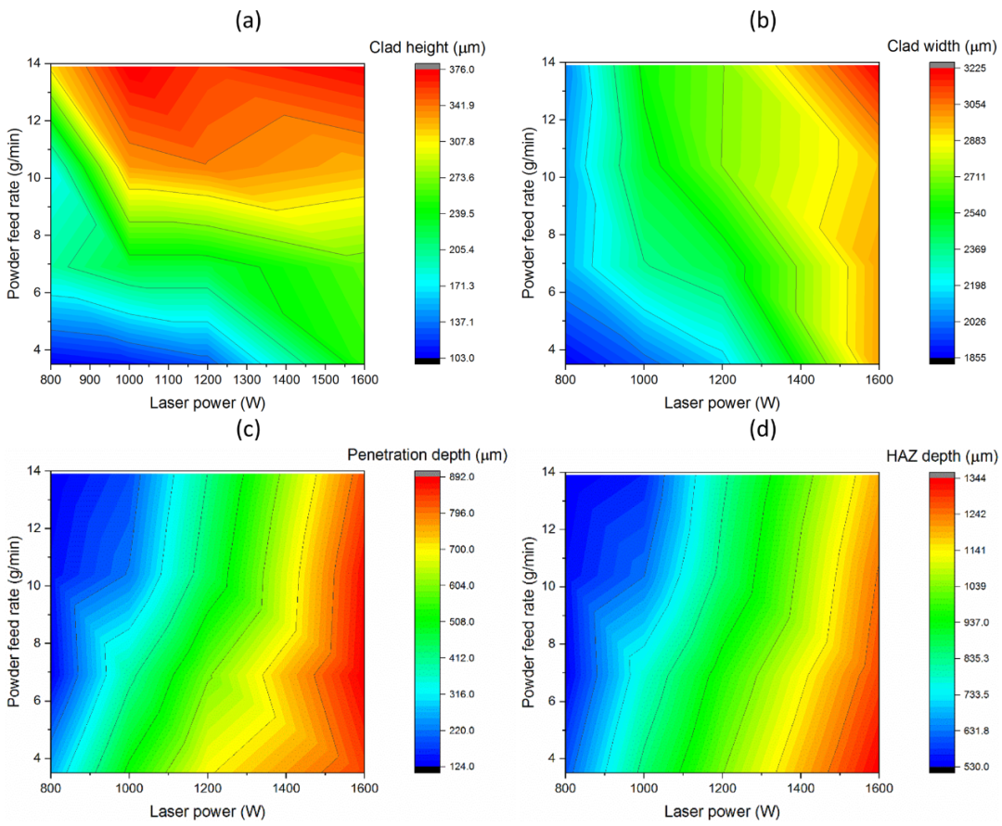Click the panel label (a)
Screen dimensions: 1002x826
tap(248, 21)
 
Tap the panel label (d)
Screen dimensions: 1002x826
tap(763, 429)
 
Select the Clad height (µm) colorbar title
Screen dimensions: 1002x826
tap(427, 47)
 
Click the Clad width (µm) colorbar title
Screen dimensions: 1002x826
tap(942, 46)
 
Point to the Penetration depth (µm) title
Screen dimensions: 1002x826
tap(427, 454)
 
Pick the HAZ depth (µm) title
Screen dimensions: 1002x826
tap(942, 456)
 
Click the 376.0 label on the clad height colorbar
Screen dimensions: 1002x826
tap(461, 69)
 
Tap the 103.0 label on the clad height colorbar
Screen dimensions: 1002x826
tap(461, 358)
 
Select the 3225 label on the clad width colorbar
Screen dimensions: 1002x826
tap(974, 69)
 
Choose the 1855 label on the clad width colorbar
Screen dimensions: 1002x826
tap(974, 358)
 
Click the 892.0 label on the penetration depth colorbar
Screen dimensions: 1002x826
tap(461, 477)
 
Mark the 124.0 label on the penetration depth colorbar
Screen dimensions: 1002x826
tap(461, 766)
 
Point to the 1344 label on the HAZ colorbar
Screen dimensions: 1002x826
tap(974, 477)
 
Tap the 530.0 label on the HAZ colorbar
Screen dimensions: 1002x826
tap(976, 766)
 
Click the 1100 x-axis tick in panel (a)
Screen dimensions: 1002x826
tap(168, 379)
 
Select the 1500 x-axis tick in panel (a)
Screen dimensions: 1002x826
tap(325, 379)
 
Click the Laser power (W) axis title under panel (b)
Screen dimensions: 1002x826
tap(722, 402)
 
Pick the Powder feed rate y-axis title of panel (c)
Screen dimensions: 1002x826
tap(14, 621)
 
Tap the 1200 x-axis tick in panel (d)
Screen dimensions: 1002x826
tap(722, 788)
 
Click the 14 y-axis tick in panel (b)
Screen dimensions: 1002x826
tap(549, 62)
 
